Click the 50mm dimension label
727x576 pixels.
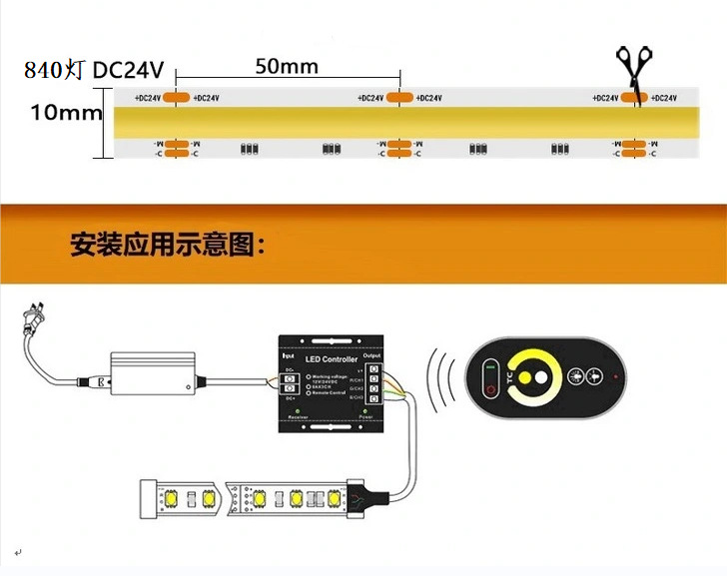pos(287,67)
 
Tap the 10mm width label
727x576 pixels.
pos(66,112)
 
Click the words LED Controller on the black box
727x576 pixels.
pos(326,357)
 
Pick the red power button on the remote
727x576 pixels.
pos(489,387)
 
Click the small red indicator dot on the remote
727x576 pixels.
pos(617,377)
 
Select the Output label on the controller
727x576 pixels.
pos(371,354)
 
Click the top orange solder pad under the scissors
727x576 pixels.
pos(632,98)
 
